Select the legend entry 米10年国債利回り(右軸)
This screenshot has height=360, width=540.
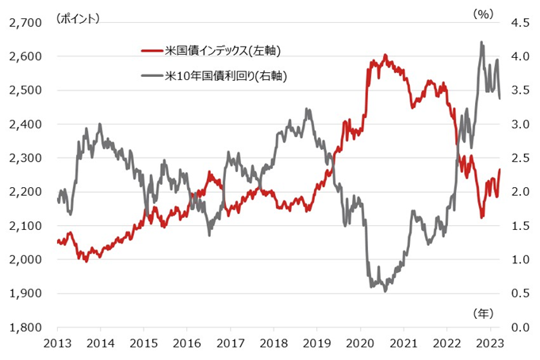[226, 76]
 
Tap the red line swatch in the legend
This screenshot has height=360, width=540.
[151, 51]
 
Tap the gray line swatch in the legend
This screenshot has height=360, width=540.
[151, 76]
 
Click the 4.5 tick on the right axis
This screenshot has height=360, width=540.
[519, 22]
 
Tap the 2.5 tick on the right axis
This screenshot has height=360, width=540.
[519, 158]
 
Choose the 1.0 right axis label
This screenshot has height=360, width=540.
[519, 259]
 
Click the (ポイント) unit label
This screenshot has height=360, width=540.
[78, 16]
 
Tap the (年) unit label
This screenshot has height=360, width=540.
[483, 313]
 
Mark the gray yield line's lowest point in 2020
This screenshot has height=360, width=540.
[385, 291]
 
